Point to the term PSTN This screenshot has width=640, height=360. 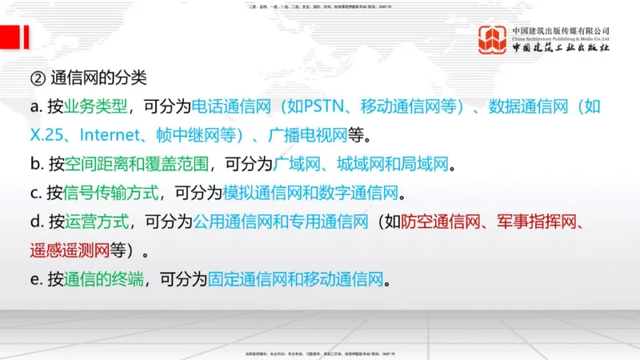(x=324, y=106)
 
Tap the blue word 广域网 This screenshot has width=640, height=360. (x=298, y=164)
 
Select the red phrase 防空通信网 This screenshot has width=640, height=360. (x=440, y=222)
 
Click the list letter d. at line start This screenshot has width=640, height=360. (x=36, y=222)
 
